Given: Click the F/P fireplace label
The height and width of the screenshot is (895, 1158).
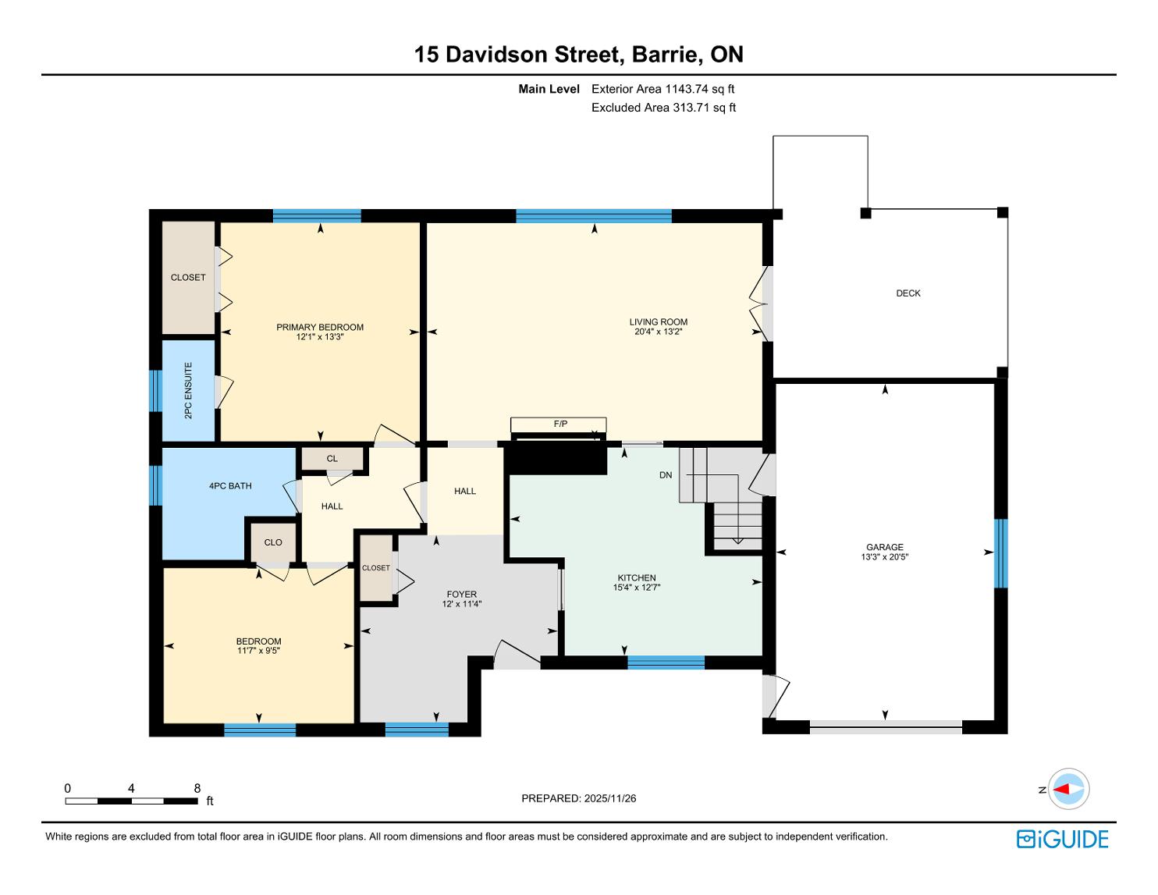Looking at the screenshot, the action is [x=560, y=424].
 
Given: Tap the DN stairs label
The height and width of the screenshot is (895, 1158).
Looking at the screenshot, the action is [x=666, y=474].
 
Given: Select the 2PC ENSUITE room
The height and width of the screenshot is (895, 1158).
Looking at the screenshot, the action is [x=189, y=390].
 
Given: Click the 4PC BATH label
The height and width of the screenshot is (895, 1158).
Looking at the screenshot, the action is [x=230, y=486].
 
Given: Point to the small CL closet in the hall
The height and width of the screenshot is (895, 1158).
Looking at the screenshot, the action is [x=332, y=459].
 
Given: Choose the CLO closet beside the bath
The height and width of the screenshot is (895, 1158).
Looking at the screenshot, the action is [x=273, y=542].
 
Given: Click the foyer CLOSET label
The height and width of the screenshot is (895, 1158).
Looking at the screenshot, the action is [x=376, y=568].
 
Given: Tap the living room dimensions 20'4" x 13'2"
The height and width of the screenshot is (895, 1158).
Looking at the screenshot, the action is [x=658, y=332].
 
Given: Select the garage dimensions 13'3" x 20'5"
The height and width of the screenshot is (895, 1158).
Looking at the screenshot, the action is [x=885, y=556].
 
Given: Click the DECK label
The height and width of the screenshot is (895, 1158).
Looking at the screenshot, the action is [x=908, y=293].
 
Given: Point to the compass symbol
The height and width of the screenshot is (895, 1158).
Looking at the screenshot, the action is [x=1068, y=789].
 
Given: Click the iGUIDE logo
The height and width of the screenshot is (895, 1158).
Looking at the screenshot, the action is [x=1063, y=840].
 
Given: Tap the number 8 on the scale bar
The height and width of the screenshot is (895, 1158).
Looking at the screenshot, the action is [x=197, y=788].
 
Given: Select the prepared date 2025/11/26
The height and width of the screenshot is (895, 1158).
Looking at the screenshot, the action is [x=610, y=798].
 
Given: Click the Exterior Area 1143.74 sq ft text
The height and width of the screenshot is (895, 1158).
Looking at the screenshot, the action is [x=663, y=89].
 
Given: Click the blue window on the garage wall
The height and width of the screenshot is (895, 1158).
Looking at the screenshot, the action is [x=1001, y=553].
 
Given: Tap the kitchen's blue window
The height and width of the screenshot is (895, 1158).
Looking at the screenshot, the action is [x=666, y=662].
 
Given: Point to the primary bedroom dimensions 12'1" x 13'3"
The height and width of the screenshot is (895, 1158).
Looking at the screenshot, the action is [x=320, y=336].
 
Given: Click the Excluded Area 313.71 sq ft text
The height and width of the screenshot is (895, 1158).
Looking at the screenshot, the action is [x=663, y=108].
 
